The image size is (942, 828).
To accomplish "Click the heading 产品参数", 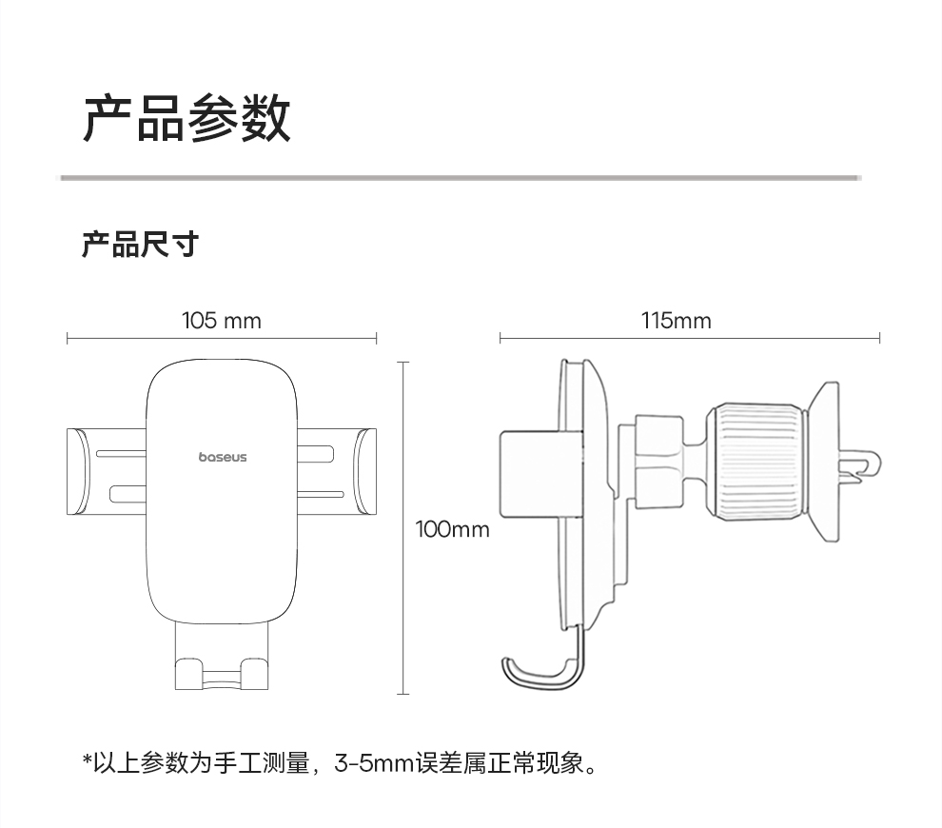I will click(186, 118).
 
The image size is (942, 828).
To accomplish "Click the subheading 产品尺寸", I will click(140, 245).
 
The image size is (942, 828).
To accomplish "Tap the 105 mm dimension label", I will click(221, 321).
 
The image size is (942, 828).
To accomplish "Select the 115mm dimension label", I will click(676, 321).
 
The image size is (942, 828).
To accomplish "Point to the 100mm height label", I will click(452, 529).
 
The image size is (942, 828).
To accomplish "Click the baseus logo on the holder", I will click(223, 457).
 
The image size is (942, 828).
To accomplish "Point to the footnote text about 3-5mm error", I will click(343, 762).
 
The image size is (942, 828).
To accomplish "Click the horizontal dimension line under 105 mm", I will click(222, 338).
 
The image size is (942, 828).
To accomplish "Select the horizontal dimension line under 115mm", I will click(690, 338).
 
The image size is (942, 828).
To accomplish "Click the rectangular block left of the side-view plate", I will click(533, 473).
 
